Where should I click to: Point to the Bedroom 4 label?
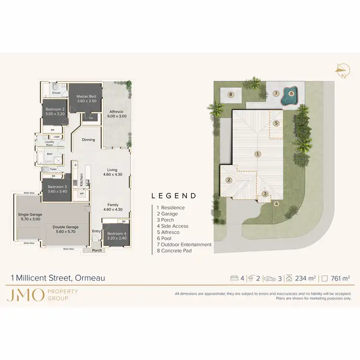pyautogui.click(x=115, y=234)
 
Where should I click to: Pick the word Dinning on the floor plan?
pyautogui.click(x=88, y=140)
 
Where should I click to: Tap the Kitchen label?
pyautogui.click(x=82, y=180)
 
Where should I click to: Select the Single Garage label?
pyautogui.click(x=30, y=214)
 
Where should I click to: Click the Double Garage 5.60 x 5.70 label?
pyautogui.click(x=65, y=229)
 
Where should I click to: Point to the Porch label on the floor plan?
pyautogui.click(x=97, y=250)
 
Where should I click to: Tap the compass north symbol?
pyautogui.click(x=342, y=71)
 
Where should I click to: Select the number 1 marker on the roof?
pyautogui.click(x=258, y=154)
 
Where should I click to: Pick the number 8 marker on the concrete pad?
pyautogui.click(x=231, y=95)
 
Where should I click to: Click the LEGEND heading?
pyautogui.click(x=174, y=196)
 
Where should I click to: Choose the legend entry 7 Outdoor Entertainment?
pyautogui.click(x=184, y=244)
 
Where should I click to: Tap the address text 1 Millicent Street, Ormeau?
pyautogui.click(x=58, y=278)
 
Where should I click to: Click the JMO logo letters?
pyautogui.click(x=25, y=294)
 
